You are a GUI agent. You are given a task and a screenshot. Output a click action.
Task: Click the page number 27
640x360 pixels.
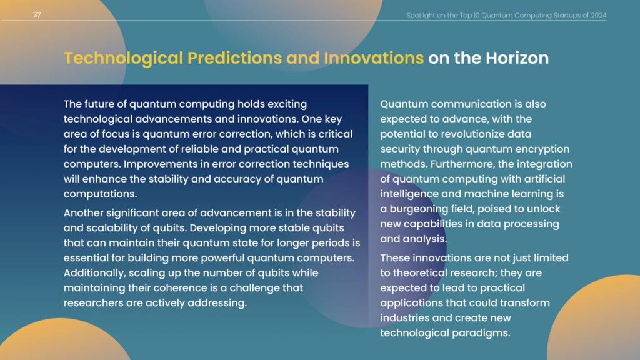(37, 15)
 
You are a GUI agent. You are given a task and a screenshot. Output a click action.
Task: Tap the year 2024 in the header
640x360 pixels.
(598, 16)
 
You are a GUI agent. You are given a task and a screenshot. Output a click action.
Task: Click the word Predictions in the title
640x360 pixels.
(234, 58)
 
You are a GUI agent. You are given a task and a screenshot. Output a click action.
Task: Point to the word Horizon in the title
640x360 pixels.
(517, 58)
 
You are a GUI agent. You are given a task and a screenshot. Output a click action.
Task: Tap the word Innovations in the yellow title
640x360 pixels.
(374, 58)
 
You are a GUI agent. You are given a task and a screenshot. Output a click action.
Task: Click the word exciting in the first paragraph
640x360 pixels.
(287, 104)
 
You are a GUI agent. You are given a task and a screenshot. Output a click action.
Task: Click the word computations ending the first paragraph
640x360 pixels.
(99, 194)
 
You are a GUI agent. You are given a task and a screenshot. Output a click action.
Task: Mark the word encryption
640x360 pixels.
(542, 149)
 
